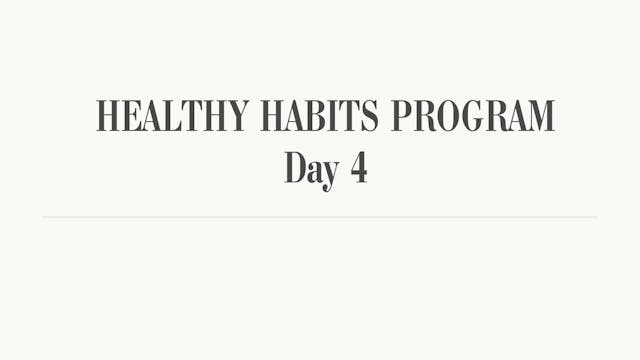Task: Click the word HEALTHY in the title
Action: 173,116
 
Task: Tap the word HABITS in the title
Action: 320,116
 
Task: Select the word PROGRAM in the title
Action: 472,116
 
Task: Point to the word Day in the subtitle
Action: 309,168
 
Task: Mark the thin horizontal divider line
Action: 320,217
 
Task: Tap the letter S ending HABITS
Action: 370,116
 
